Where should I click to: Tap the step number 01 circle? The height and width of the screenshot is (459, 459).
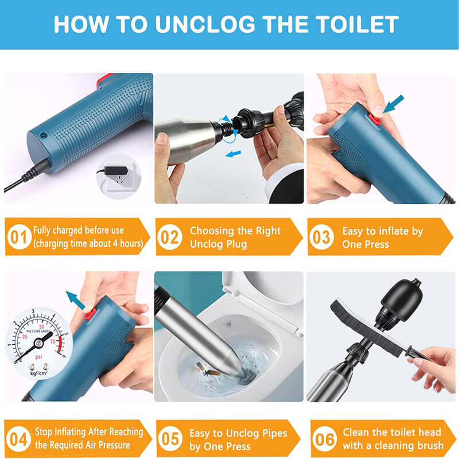click(18, 237)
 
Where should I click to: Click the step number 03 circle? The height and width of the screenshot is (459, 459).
click(321, 237)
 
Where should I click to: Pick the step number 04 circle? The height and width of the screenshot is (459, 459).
click(18, 439)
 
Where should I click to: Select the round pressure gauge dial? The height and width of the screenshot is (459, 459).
click(38, 340)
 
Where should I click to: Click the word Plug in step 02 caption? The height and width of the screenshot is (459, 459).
click(235, 244)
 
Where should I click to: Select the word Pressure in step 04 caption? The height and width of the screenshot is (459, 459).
click(114, 445)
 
